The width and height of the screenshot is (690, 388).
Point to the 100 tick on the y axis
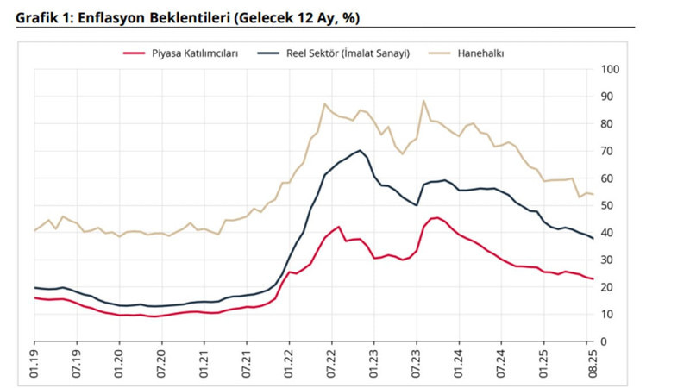[609, 69]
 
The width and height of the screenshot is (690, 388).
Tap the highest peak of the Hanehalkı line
[423, 101]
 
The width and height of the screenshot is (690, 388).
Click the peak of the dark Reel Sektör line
[359, 150]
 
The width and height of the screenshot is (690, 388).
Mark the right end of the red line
[592, 278]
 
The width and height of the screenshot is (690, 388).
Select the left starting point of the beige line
[35, 230]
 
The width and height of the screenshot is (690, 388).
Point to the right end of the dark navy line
[592, 239]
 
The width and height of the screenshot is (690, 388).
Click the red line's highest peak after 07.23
[437, 217]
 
